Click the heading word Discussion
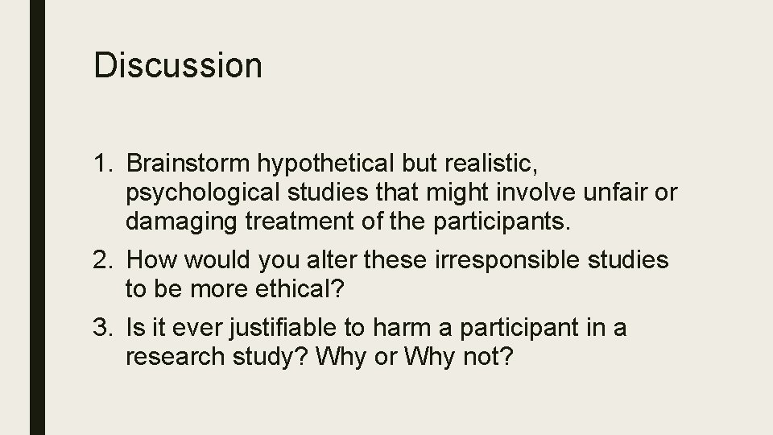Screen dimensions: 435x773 (178, 65)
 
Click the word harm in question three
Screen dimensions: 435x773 (378, 328)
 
